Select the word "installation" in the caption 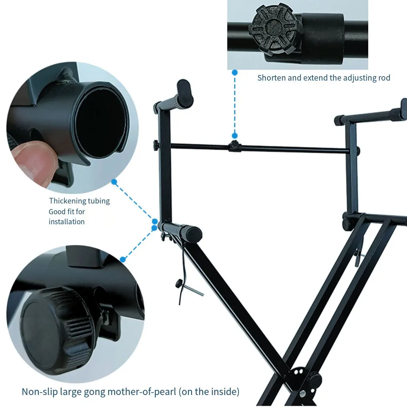click(67, 221)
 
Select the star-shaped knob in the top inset click(275, 30)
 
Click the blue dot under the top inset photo click(235, 73)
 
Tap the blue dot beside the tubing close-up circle click(114, 182)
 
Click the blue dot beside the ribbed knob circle click(123, 259)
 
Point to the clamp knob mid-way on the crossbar click(234, 146)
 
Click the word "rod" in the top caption click(384, 78)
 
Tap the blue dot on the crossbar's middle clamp click(235, 136)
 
